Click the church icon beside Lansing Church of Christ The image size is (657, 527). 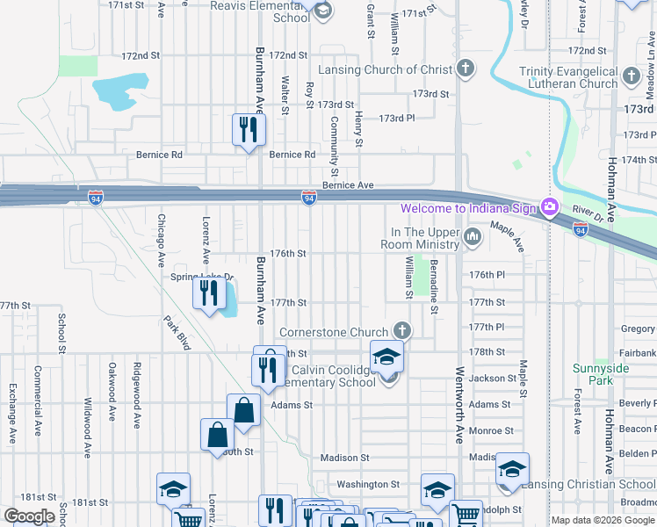coord(466,69)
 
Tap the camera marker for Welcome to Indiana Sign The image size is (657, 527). coord(551,208)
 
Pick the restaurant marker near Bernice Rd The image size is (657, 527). coord(248,130)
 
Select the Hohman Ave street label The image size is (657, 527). coord(608,184)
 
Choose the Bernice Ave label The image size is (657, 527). coord(348,185)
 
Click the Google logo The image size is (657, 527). coord(29,516)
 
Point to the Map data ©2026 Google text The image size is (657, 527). coord(602,520)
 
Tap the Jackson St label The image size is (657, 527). coord(492,379)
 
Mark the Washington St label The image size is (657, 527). coord(369,484)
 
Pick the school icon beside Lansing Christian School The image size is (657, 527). coord(511,470)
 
